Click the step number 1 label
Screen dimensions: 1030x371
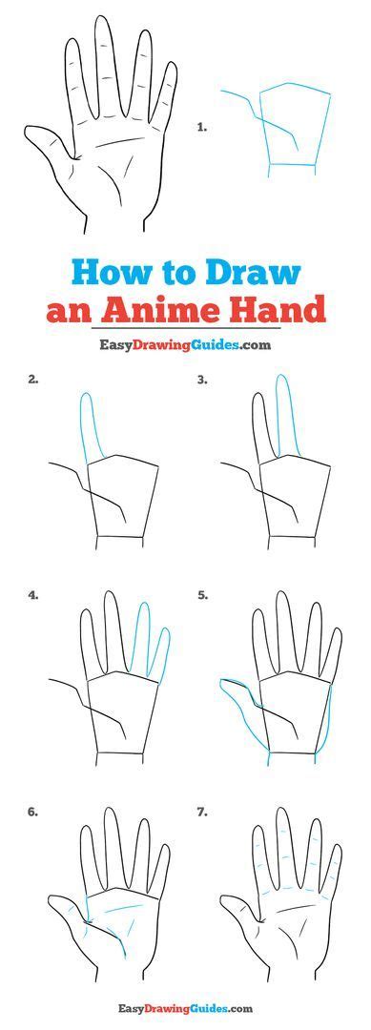tap(202, 125)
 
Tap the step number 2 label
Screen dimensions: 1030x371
tap(33, 379)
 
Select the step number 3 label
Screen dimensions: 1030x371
tap(202, 379)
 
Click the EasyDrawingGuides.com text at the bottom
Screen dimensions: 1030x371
tap(185, 1008)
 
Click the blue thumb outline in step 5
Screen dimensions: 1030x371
tap(238, 701)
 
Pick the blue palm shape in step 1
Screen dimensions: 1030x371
tap(296, 124)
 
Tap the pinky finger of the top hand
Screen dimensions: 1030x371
tap(167, 91)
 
